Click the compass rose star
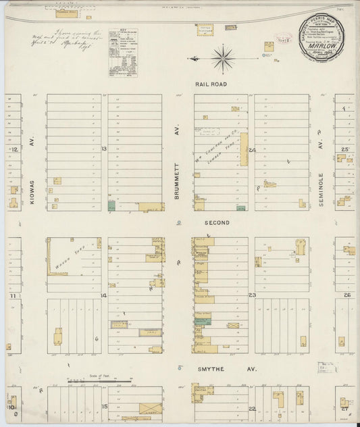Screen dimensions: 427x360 point(222,59)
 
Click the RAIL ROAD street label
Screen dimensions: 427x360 point(211,84)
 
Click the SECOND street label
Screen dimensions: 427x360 point(217,222)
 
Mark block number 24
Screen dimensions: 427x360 point(252,149)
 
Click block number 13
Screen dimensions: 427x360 point(104,149)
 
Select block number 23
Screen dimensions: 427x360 point(252,295)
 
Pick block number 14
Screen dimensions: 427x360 point(104,296)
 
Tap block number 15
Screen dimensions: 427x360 point(105,406)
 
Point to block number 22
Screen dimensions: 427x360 point(251,409)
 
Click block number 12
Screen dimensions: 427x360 point(13,149)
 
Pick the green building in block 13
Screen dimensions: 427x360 point(111,205)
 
